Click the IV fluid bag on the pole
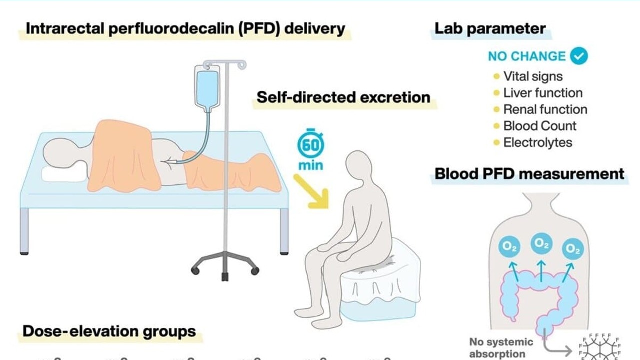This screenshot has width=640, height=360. coord(207,88)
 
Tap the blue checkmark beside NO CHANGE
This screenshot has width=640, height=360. coord(579,56)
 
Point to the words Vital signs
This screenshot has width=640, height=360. coord(533,77)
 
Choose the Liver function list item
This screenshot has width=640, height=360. coord(543,93)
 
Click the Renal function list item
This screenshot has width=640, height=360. coord(545,110)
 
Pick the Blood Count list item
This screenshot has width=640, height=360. coord(540,126)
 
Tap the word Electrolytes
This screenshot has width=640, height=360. coord(537,143)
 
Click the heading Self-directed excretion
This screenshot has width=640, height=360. coord(343,97)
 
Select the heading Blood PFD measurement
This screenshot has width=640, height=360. coord(529,174)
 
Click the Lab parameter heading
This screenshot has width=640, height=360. coord(490,29)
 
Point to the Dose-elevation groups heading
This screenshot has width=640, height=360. coord(109,332)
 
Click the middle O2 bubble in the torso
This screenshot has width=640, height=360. coord(540,243)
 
